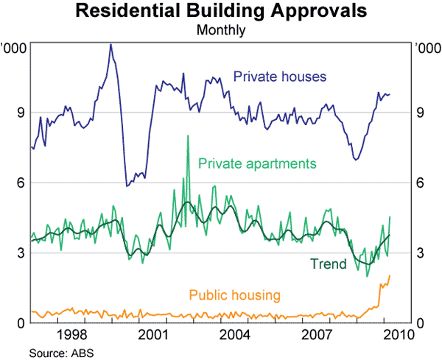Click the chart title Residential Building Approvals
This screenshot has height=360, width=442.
(221, 13)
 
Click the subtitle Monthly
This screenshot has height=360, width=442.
(221, 31)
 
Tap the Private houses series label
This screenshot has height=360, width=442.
(280, 77)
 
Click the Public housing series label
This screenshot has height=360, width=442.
(235, 296)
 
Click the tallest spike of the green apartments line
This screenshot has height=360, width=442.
(188, 136)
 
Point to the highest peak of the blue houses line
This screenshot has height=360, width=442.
(110, 44)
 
